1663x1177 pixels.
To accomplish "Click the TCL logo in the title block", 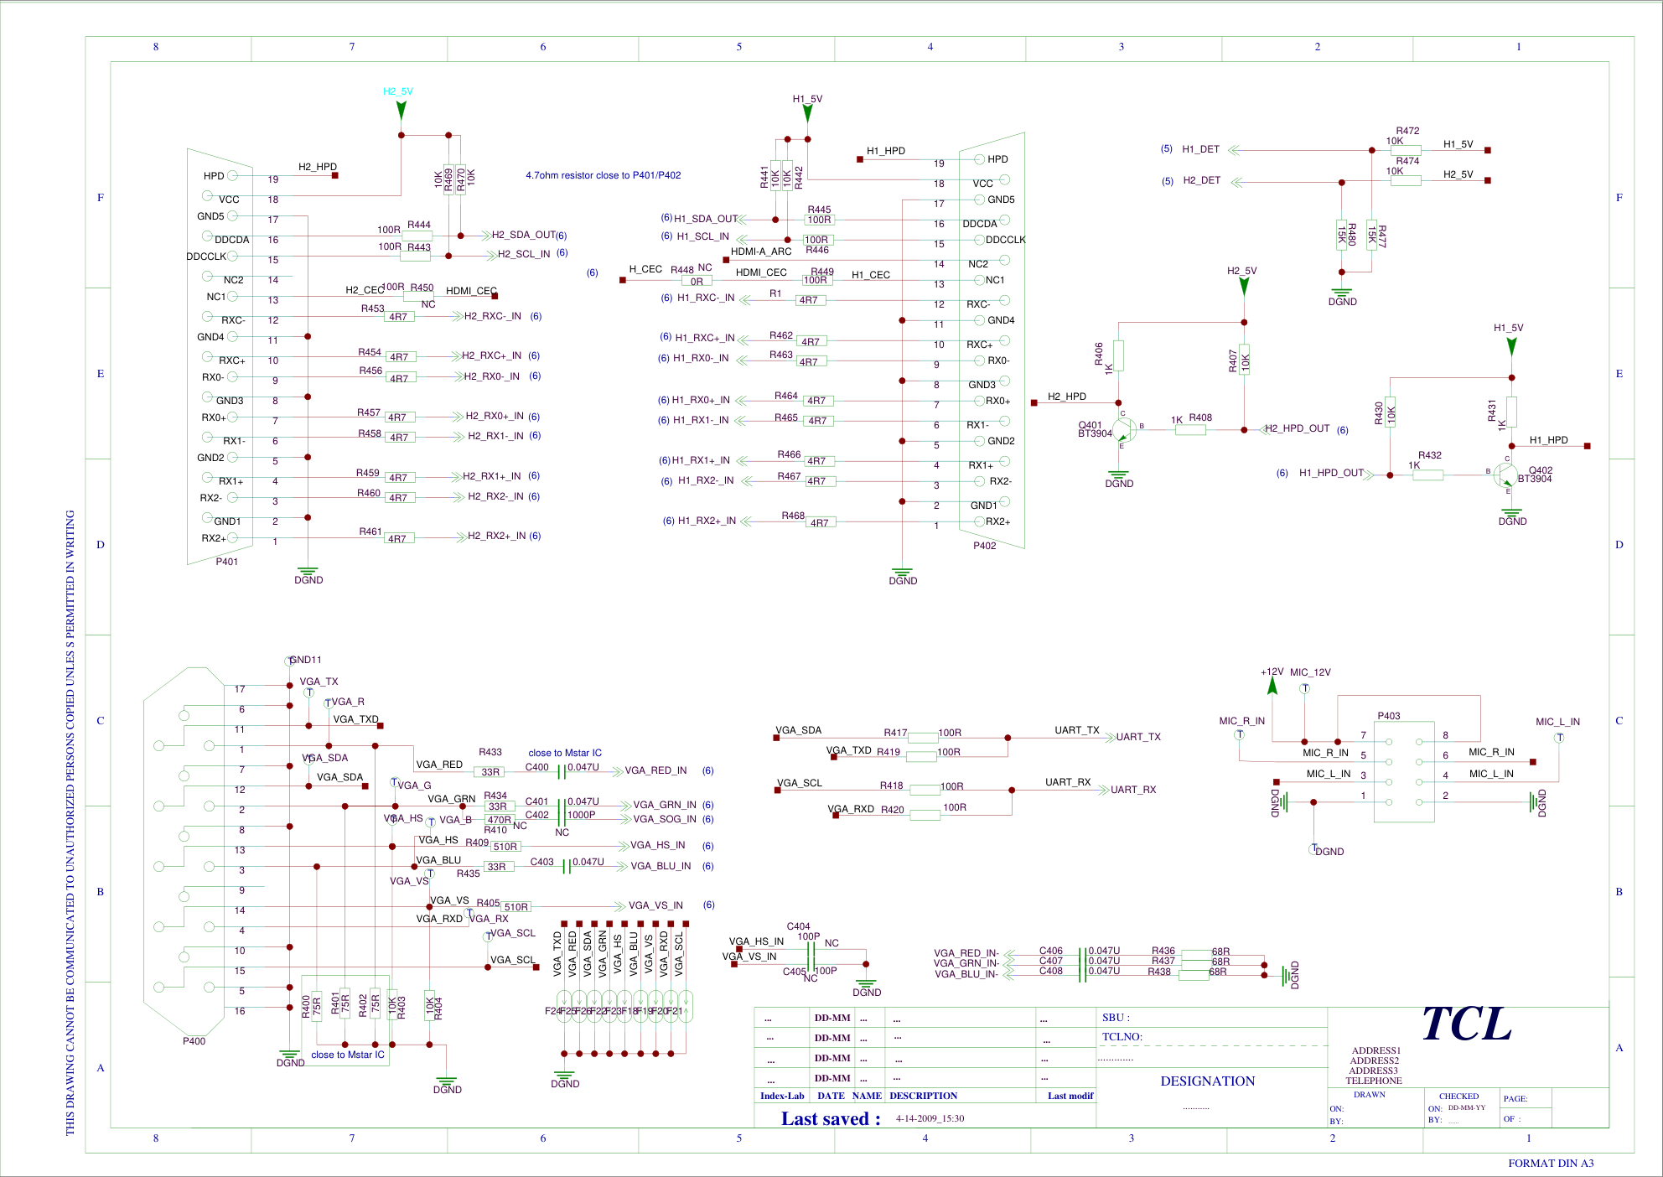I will pos(1467,1024).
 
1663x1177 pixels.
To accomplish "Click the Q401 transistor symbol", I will pos(1124,429).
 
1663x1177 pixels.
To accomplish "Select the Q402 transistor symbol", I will pos(1506,475).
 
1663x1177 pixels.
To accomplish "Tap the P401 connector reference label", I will pos(227,562).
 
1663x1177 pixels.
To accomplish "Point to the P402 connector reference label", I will pos(985,546).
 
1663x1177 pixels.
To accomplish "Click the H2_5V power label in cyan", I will pos(398,91).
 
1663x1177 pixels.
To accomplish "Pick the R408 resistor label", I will pos(1200,417).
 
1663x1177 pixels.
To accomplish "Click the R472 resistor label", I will pos(1407,131).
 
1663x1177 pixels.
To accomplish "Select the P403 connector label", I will pos(1389,716).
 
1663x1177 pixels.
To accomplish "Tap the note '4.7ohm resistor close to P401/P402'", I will pos(603,175).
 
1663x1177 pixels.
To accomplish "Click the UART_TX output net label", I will pos(1138,737).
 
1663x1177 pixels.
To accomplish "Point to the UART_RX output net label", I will pos(1133,790).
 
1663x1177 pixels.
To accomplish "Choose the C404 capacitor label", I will pos(798,926).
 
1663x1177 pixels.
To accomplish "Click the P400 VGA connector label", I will pos(194,1041).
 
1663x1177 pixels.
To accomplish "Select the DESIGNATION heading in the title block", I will pos(1208,1081).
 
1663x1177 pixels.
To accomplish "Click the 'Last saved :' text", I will pos(831,1119).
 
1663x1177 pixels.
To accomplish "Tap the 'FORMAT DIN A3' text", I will pos(1551,1164).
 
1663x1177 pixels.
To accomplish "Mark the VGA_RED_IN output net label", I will pos(655,770).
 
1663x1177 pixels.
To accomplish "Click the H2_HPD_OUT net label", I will pos(1297,428).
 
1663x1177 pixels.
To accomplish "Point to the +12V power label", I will pos(1272,672).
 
